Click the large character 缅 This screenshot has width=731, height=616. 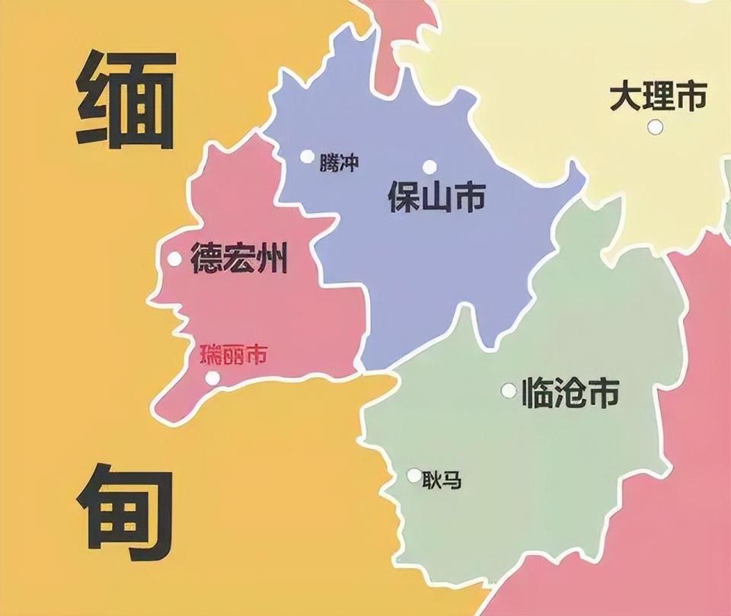click(126, 98)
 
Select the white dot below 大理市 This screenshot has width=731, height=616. click(655, 127)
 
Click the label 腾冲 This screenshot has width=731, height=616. click(339, 163)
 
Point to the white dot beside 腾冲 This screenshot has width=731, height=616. click(307, 157)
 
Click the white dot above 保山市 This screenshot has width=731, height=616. click(430, 167)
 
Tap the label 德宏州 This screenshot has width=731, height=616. click(239, 258)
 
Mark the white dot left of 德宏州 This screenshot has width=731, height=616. click(174, 259)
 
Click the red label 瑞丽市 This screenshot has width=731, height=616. click(233, 354)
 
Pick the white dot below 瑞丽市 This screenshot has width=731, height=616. click(212, 378)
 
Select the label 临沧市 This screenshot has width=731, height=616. click(570, 394)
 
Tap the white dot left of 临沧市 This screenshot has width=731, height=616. click(508, 391)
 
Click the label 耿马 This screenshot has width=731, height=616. click(444, 480)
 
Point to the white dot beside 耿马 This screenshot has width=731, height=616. click(413, 476)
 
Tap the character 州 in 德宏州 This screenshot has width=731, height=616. click(272, 258)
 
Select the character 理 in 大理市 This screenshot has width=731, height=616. click(659, 97)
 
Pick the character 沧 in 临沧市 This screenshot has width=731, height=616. click(570, 394)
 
